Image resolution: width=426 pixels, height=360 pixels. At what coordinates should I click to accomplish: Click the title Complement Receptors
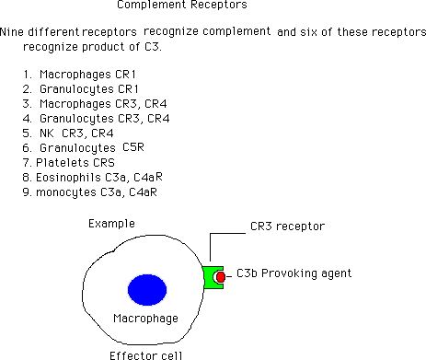tap(182, 5)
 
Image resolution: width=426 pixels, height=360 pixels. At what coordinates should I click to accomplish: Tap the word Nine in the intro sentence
tap(12, 31)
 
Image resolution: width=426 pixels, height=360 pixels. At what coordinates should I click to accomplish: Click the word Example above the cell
tap(111, 224)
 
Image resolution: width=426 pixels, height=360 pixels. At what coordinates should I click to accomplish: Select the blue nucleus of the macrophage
tap(147, 290)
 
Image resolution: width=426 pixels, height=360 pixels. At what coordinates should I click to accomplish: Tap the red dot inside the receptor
tap(221, 277)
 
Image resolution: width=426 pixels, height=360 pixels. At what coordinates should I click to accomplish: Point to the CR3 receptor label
tap(287, 226)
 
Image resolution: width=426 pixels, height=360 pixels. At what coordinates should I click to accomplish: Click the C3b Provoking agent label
tap(294, 273)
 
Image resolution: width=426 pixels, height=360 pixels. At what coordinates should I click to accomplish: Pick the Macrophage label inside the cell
tap(145, 319)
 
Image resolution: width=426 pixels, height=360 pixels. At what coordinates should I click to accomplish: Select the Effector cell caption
tap(146, 355)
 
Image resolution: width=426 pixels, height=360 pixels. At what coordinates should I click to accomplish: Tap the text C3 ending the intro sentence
tap(153, 47)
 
